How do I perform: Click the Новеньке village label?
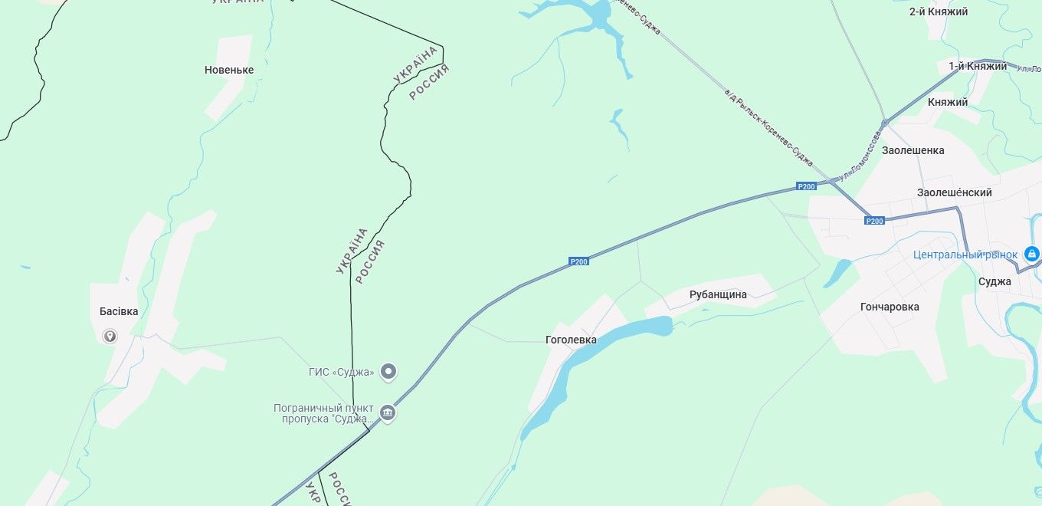[229, 70]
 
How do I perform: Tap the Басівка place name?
[119, 311]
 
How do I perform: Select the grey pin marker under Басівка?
[110, 336]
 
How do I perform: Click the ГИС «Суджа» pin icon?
[389, 372]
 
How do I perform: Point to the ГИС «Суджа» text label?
[342, 373]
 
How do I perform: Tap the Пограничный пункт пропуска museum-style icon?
[388, 413]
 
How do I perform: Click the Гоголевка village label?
[571, 340]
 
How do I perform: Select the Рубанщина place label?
[718, 294]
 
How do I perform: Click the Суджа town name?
[994, 281]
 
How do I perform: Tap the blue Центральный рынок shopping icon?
[1031, 254]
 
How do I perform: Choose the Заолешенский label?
[954, 192]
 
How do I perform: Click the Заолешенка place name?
[913, 150]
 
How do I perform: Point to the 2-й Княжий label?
[939, 11]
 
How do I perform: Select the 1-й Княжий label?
[978, 66]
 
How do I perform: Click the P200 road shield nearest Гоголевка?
[579, 261]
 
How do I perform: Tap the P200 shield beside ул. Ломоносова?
[806, 186]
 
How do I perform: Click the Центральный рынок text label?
[965, 255]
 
